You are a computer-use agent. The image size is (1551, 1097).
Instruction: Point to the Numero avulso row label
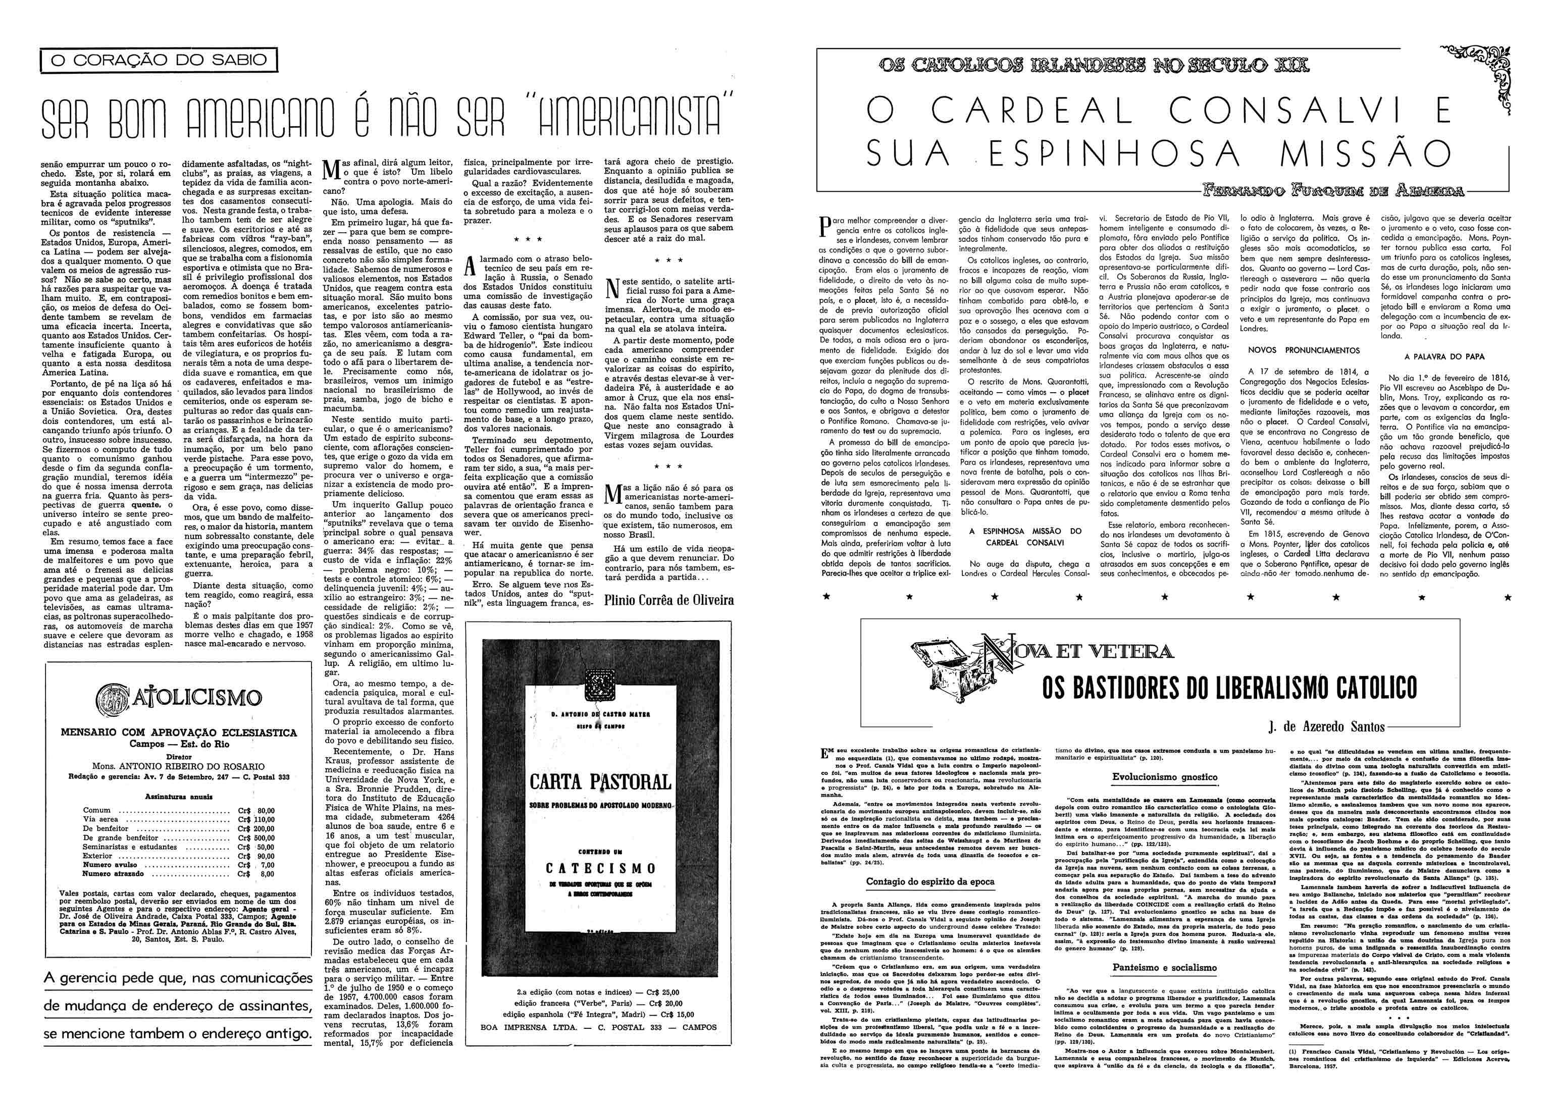coord(110,865)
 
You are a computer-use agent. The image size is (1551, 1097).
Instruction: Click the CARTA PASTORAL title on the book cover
coord(600,782)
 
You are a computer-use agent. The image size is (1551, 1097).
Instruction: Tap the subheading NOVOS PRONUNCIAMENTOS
coord(1303,350)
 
